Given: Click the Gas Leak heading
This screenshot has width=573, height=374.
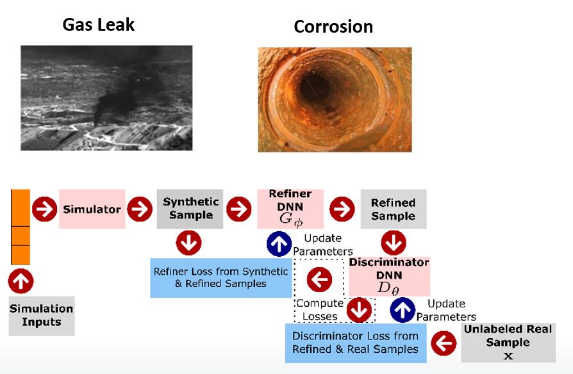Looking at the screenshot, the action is (x=98, y=25).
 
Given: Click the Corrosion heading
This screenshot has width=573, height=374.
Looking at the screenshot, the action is (x=333, y=27).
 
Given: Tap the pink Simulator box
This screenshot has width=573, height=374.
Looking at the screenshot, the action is (x=92, y=209).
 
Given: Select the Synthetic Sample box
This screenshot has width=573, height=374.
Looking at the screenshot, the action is (x=190, y=209).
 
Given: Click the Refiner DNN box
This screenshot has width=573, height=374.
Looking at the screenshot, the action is (x=290, y=209).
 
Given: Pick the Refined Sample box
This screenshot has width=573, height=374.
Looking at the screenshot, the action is (x=394, y=209).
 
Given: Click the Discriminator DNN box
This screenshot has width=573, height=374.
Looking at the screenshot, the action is (x=389, y=277).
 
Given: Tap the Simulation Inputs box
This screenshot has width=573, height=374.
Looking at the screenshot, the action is (x=42, y=316).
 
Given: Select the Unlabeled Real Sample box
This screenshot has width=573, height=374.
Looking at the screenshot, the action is (x=508, y=343).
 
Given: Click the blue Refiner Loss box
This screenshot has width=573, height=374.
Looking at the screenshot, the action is (x=221, y=277).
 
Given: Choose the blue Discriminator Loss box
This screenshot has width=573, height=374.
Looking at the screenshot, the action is (x=356, y=343).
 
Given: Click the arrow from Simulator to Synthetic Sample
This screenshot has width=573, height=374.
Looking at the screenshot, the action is (x=140, y=209).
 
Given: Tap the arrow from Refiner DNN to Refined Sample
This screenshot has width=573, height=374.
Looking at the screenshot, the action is (x=342, y=209).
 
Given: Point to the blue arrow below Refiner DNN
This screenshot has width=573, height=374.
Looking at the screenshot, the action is (x=279, y=243).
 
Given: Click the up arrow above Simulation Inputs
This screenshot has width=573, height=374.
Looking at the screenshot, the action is (x=21, y=281).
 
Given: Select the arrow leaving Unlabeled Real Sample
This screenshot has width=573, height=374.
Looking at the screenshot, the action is (x=444, y=343).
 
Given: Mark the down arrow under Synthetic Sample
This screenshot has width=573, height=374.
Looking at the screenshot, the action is (x=188, y=243).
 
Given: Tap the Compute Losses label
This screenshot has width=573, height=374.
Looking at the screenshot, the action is (x=320, y=310).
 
